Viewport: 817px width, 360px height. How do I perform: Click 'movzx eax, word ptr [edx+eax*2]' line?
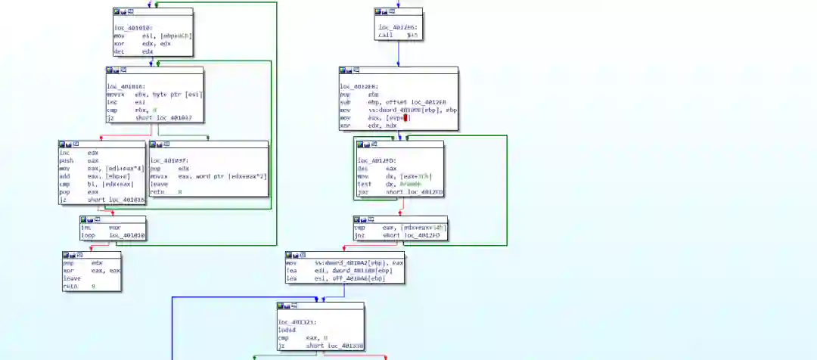pyautogui.click(x=208, y=176)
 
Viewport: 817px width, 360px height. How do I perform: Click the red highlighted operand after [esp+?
pyautogui.click(x=406, y=118)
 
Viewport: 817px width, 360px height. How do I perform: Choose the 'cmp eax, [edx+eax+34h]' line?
pyautogui.click(x=399, y=227)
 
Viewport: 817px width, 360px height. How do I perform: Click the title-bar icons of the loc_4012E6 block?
pyautogui.click(x=386, y=12)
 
